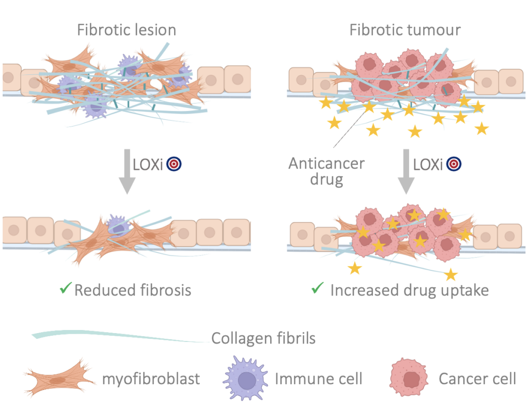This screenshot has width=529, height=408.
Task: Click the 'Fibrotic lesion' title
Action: click(x=127, y=30)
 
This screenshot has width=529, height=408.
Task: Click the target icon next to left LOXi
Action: click(x=175, y=164)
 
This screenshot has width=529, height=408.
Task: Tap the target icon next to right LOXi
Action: click(x=454, y=164)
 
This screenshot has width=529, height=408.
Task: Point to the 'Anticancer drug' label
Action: click(x=326, y=172)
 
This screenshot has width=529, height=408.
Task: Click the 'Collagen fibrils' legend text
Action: click(x=263, y=339)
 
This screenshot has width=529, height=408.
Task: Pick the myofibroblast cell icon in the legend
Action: click(x=59, y=379)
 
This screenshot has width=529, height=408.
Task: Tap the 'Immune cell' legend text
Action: click(x=319, y=379)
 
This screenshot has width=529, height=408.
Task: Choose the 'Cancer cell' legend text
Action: click(x=477, y=379)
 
